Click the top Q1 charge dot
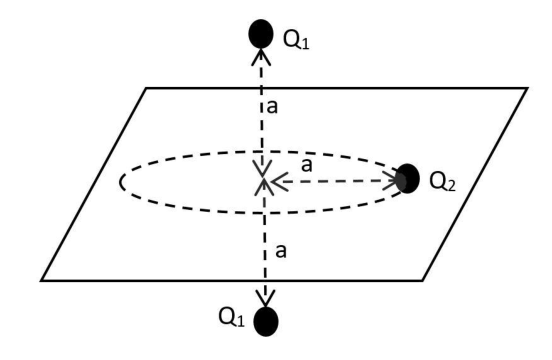pyautogui.click(x=261, y=33)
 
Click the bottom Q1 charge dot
pyautogui.click(x=266, y=322)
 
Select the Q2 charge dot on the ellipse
pyautogui.click(x=407, y=178)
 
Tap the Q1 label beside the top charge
pyautogui.click(x=296, y=40)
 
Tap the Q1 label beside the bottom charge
pyautogui.click(x=231, y=317)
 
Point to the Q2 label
pyautogui.click(x=443, y=182)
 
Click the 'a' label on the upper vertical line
pyautogui.click(x=272, y=107)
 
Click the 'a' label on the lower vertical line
pyautogui.click(x=281, y=251)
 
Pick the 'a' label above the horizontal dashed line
pyautogui.click(x=307, y=165)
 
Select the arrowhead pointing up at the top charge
pyautogui.click(x=261, y=56)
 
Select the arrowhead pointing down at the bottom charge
pyautogui.click(x=265, y=298)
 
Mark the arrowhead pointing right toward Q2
pyautogui.click(x=390, y=181)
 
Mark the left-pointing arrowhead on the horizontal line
pyautogui.click(x=279, y=182)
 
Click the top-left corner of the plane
pyautogui.click(x=146, y=88)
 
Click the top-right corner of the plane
pyautogui.click(x=527, y=88)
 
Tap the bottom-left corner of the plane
pyautogui.click(x=42, y=280)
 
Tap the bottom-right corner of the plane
pyautogui.click(x=422, y=280)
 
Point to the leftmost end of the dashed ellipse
pyautogui.click(x=121, y=182)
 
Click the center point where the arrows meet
pyautogui.click(x=263, y=181)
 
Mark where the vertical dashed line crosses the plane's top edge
pyautogui.click(x=261, y=88)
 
